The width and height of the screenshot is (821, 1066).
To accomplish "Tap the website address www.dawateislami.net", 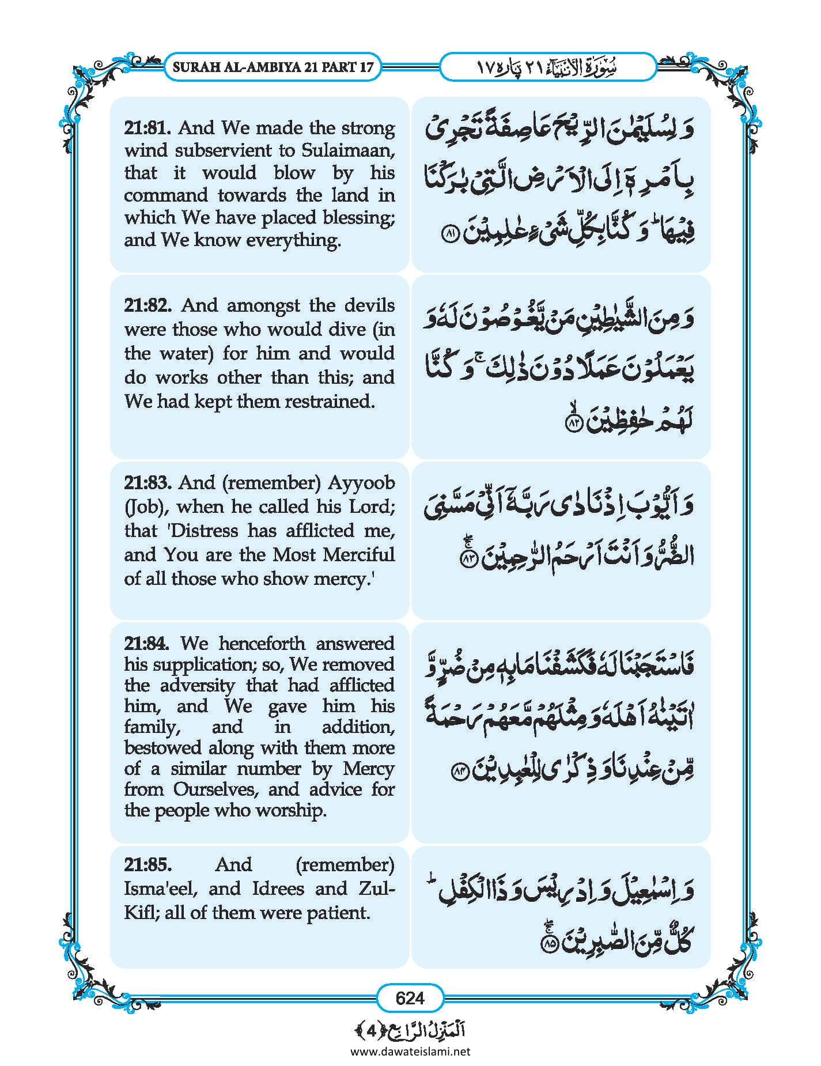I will click(x=410, y=1051).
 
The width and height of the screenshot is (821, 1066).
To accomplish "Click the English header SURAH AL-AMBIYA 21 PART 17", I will click(x=273, y=67).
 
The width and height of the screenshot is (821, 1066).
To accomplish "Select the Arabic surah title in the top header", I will click(x=547, y=67).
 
